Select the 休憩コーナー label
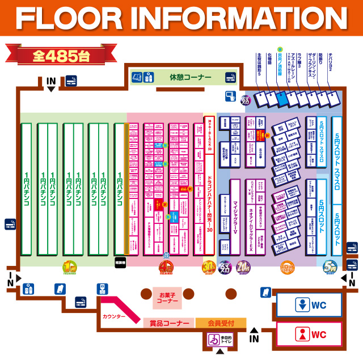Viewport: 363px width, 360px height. click(190, 77)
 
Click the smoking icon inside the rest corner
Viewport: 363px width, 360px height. click(230, 77)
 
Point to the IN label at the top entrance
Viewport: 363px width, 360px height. click(51, 81)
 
